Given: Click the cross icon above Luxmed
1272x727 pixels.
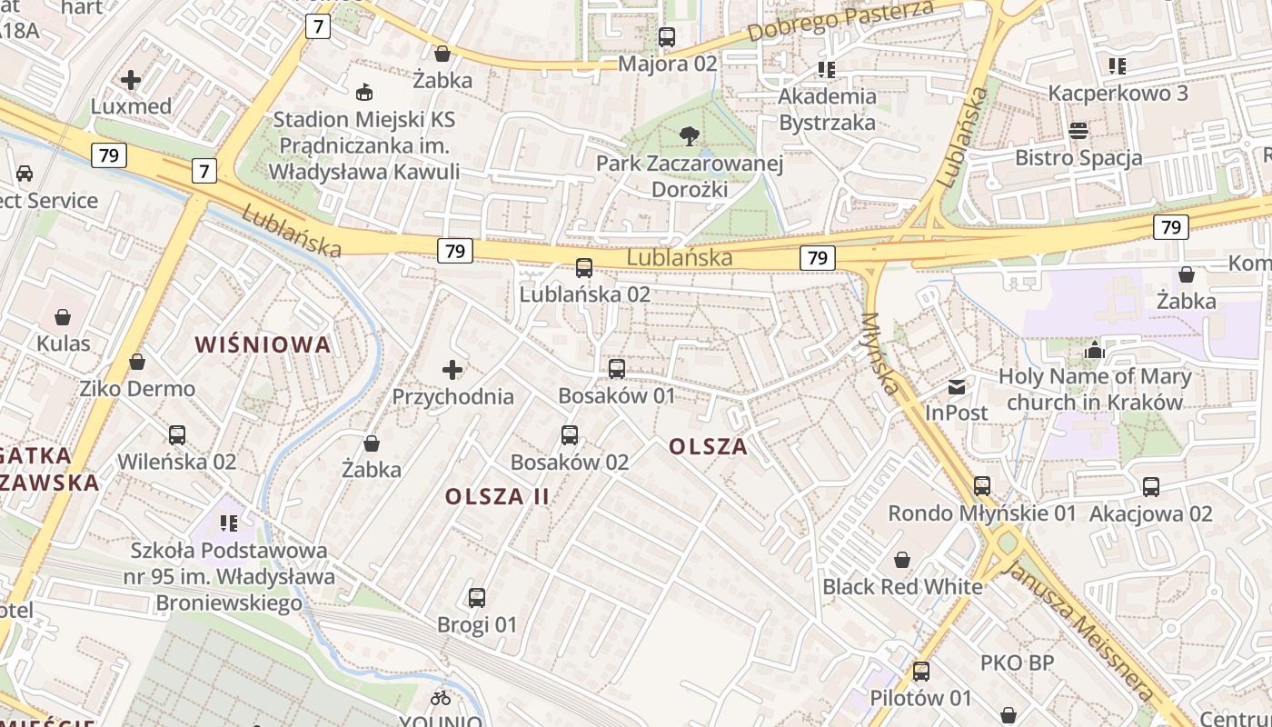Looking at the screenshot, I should (x=131, y=80).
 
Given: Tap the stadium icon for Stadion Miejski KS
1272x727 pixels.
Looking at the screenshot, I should (x=364, y=92).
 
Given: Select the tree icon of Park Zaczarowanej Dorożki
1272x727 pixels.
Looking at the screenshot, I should (x=690, y=136).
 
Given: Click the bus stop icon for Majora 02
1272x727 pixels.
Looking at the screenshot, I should (x=667, y=37).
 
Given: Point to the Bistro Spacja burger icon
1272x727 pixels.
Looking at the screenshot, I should (x=1078, y=131).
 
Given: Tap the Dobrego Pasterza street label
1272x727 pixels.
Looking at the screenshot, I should (x=840, y=22).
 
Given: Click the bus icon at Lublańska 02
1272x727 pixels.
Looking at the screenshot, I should (x=584, y=268).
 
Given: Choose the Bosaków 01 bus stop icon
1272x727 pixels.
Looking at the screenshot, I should (x=617, y=369).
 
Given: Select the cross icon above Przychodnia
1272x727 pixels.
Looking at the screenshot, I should (x=452, y=370).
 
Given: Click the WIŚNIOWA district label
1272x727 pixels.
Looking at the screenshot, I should (x=263, y=344).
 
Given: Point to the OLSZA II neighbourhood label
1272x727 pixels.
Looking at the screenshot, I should (x=497, y=496).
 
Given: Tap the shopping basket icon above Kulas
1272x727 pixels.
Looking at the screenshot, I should (x=63, y=317).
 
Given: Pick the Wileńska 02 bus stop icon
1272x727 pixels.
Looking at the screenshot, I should (x=177, y=435).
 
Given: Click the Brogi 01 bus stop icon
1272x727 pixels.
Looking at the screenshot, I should (x=477, y=598).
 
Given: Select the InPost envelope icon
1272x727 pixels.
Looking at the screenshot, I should (x=957, y=387).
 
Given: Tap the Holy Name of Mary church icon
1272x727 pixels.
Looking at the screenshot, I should (x=1095, y=350).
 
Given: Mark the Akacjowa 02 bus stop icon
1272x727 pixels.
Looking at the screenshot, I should (x=1151, y=487).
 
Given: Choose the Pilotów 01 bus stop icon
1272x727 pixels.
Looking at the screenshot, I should (x=921, y=672).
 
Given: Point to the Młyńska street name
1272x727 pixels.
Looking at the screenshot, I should (x=880, y=354).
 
